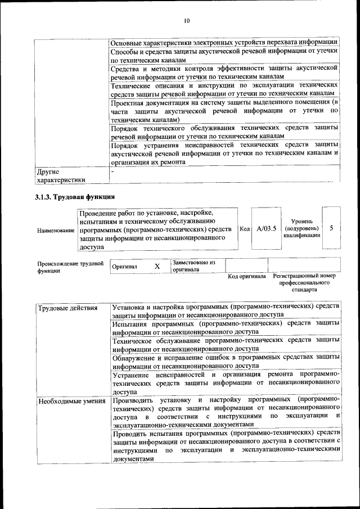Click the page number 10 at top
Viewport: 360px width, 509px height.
pyautogui.click(x=187, y=21)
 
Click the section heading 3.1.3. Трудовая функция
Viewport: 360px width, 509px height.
pyautogui.click(x=75, y=197)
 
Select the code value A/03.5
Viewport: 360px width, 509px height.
pyautogui.click(x=266, y=228)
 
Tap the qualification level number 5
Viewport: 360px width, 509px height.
pyautogui.click(x=332, y=228)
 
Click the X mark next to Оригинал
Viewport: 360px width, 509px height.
pyautogui.click(x=157, y=266)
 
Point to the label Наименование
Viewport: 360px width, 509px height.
pyautogui.click(x=56, y=230)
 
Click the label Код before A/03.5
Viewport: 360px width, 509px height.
pyautogui.click(x=245, y=229)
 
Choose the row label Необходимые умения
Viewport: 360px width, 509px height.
pyautogui.click(x=71, y=401)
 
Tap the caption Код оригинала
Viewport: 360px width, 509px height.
pyautogui.click(x=246, y=276)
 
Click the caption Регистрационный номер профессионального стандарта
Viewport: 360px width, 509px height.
pyautogui.click(x=304, y=283)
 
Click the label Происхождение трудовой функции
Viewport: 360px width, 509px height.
pyautogui.click(x=70, y=267)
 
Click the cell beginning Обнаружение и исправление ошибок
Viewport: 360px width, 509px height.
pyautogui.click(x=224, y=361)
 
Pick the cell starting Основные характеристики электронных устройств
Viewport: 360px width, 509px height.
pyautogui.click(x=224, y=42)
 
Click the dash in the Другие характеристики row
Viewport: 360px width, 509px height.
pyautogui.click(x=113, y=171)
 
